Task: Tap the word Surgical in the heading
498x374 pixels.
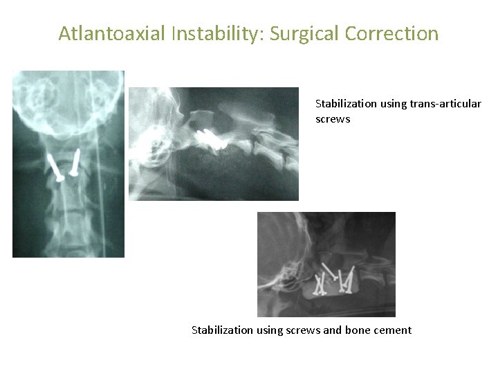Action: point(301,33)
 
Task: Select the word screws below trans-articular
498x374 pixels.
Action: point(333,119)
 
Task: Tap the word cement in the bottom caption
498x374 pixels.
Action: point(393,330)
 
